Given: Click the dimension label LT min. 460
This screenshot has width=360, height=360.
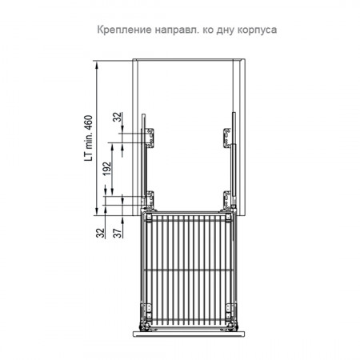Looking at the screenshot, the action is [89, 138].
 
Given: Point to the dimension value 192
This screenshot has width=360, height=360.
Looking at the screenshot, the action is [107, 169].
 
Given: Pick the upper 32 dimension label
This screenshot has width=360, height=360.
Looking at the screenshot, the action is [118, 117].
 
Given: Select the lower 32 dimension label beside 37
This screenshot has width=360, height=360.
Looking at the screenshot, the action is [100, 233].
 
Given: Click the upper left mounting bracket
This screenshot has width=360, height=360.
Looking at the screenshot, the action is [150, 138].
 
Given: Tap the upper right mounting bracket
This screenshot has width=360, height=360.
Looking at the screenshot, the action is [227, 138].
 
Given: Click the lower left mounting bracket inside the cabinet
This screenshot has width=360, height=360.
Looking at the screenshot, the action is [150, 200].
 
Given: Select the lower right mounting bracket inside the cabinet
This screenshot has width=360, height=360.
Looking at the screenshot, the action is [227, 200].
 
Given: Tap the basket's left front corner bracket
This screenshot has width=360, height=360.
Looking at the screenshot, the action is [147, 313].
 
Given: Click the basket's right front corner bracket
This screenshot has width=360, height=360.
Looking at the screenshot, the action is [230, 313].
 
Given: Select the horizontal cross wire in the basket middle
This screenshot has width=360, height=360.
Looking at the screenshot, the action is [189, 270].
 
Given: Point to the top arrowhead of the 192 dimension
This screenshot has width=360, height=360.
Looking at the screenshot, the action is [112, 146].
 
